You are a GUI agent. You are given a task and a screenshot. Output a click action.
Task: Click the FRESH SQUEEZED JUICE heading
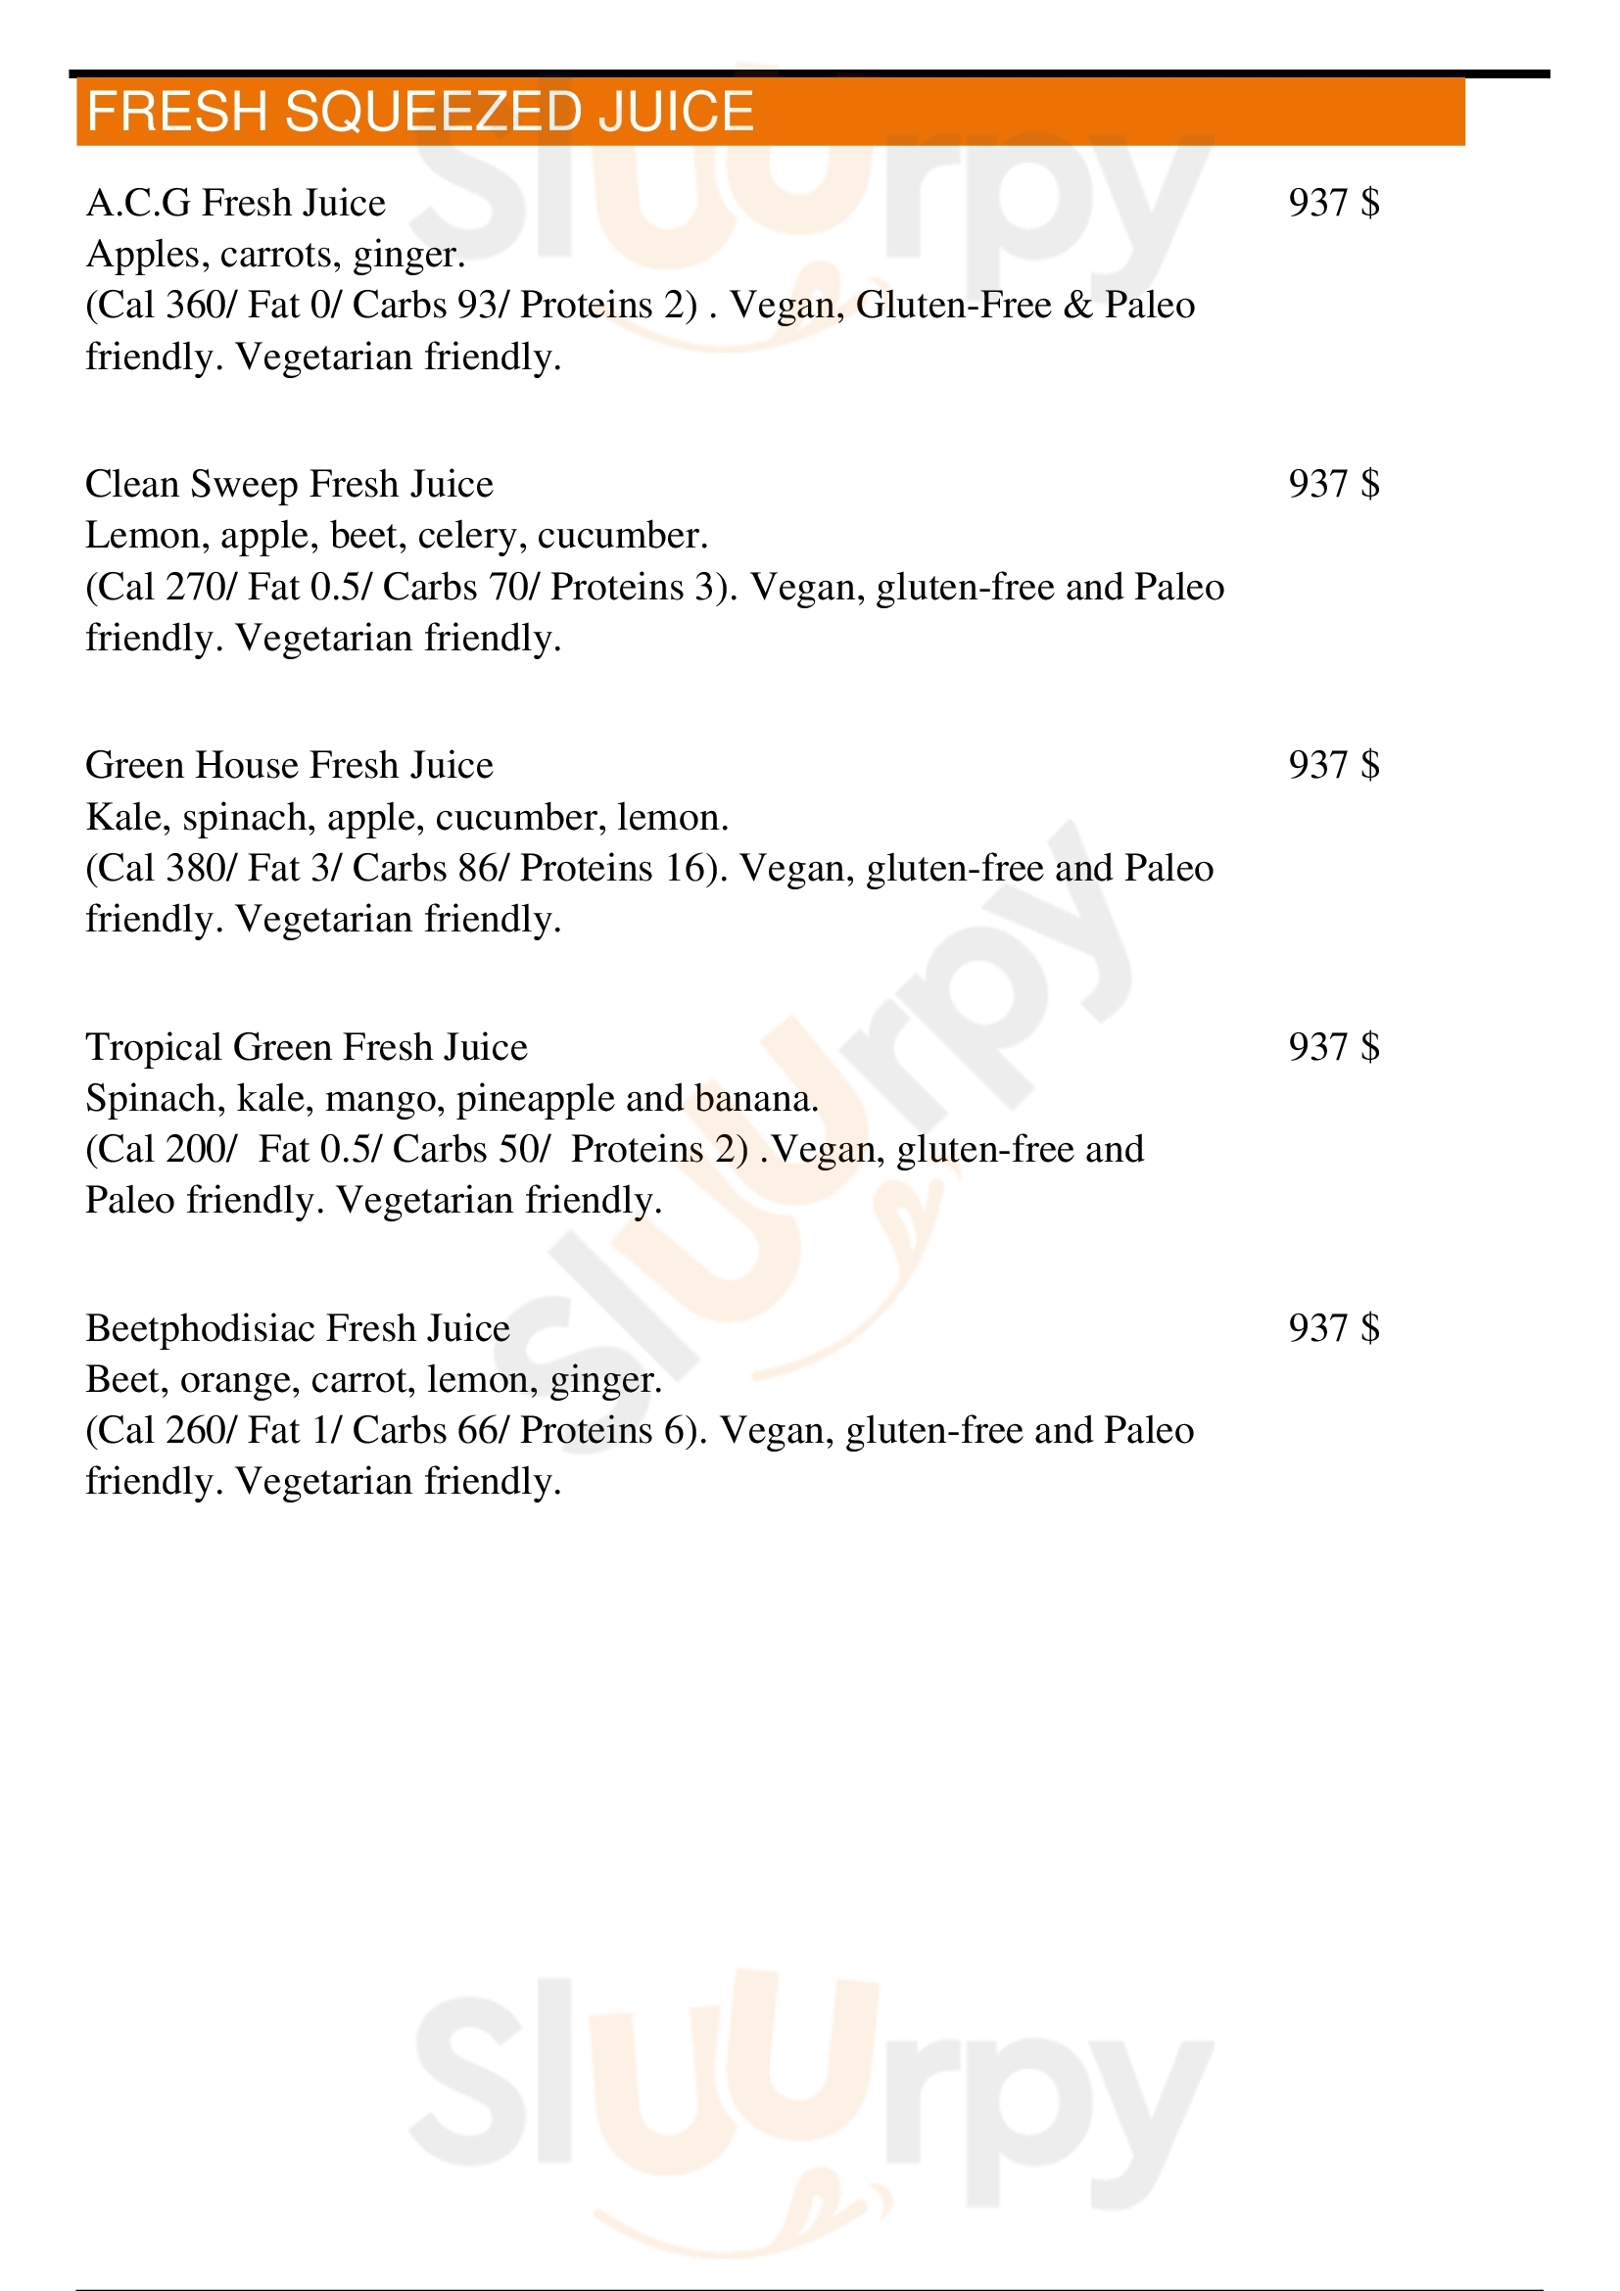(x=420, y=111)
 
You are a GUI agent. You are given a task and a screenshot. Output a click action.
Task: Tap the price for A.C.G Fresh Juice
(x=1334, y=203)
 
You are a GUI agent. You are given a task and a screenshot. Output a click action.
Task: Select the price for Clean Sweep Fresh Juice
(x=1334, y=484)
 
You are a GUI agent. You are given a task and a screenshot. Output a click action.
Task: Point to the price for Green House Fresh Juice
(x=1334, y=765)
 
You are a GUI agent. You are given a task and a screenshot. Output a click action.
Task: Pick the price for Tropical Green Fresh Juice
(x=1334, y=1047)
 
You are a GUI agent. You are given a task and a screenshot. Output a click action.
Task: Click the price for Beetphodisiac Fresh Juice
(x=1334, y=1328)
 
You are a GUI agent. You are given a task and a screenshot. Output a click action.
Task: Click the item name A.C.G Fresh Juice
(x=235, y=203)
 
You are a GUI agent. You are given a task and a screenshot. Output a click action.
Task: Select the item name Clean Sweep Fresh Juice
(x=289, y=484)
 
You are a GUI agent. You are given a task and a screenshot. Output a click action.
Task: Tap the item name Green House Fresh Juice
(x=289, y=765)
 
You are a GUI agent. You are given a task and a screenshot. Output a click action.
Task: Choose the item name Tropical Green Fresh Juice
(x=307, y=1047)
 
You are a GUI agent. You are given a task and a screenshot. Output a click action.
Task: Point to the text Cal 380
(x=161, y=868)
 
